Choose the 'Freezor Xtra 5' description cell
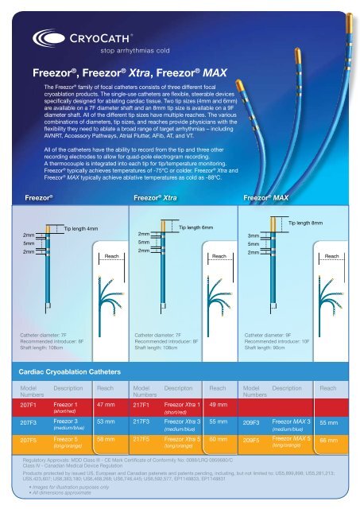tap(181, 441)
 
